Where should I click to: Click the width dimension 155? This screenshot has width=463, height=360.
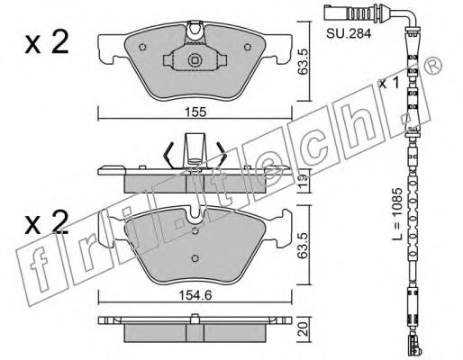[195, 112]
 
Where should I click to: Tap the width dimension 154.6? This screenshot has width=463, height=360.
[195, 295]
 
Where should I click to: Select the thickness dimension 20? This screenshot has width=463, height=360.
[304, 328]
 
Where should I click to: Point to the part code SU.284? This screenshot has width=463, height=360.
[349, 33]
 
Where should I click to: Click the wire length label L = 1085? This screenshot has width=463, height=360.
[397, 213]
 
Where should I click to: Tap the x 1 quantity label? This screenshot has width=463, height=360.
[389, 83]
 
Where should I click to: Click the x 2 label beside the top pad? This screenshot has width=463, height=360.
[47, 43]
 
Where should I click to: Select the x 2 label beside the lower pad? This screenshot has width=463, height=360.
[47, 222]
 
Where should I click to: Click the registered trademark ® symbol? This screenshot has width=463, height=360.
[433, 66]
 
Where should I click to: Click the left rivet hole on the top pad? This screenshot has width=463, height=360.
[142, 47]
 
